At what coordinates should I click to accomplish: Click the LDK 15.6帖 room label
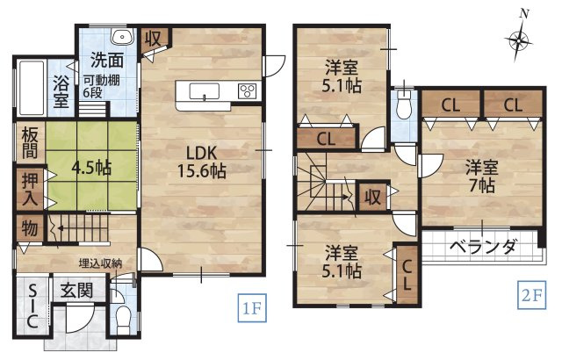[x=204, y=159]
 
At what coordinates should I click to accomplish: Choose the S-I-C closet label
[x=31, y=307]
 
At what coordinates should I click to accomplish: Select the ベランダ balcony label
[x=483, y=247]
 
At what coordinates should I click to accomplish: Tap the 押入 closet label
[x=29, y=188]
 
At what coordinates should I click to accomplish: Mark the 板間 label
[x=29, y=145]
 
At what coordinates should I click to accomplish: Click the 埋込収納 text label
[x=99, y=263]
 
